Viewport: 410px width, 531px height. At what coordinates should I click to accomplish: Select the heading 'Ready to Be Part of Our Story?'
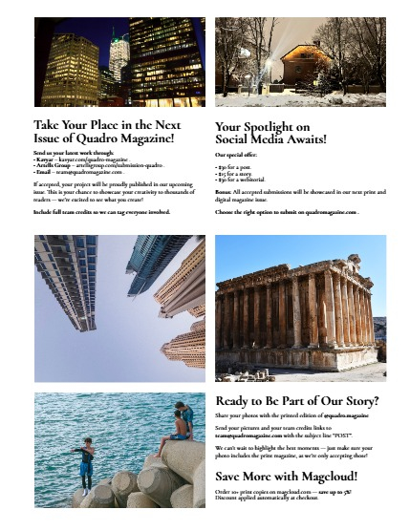coord(297,401)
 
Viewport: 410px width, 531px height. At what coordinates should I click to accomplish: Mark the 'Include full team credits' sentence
coord(100,212)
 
